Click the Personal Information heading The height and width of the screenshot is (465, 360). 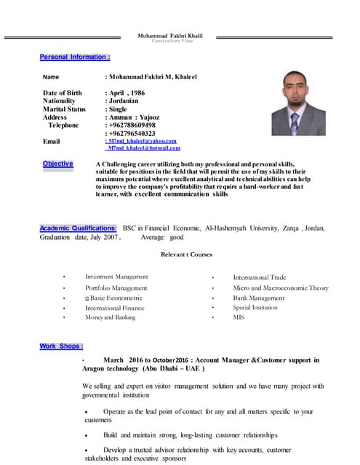click(75, 57)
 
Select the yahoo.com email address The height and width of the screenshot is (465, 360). click(141, 140)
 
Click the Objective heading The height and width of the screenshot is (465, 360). click(58, 163)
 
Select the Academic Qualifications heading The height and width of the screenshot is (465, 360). click(78, 228)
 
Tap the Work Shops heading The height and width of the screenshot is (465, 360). click(61, 346)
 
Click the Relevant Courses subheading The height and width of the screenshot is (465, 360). click(185, 254)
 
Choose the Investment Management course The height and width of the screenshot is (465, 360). click(116, 277)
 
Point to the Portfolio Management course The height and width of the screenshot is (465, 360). click(116, 288)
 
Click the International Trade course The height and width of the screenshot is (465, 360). click(260, 277)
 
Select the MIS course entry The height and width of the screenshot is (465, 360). click(239, 318)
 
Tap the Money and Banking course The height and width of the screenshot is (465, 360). click(111, 318)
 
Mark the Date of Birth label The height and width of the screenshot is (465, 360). click(63, 93)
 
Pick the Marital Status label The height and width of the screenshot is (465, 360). click(65, 109)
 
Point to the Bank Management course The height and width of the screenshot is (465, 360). click(259, 298)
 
